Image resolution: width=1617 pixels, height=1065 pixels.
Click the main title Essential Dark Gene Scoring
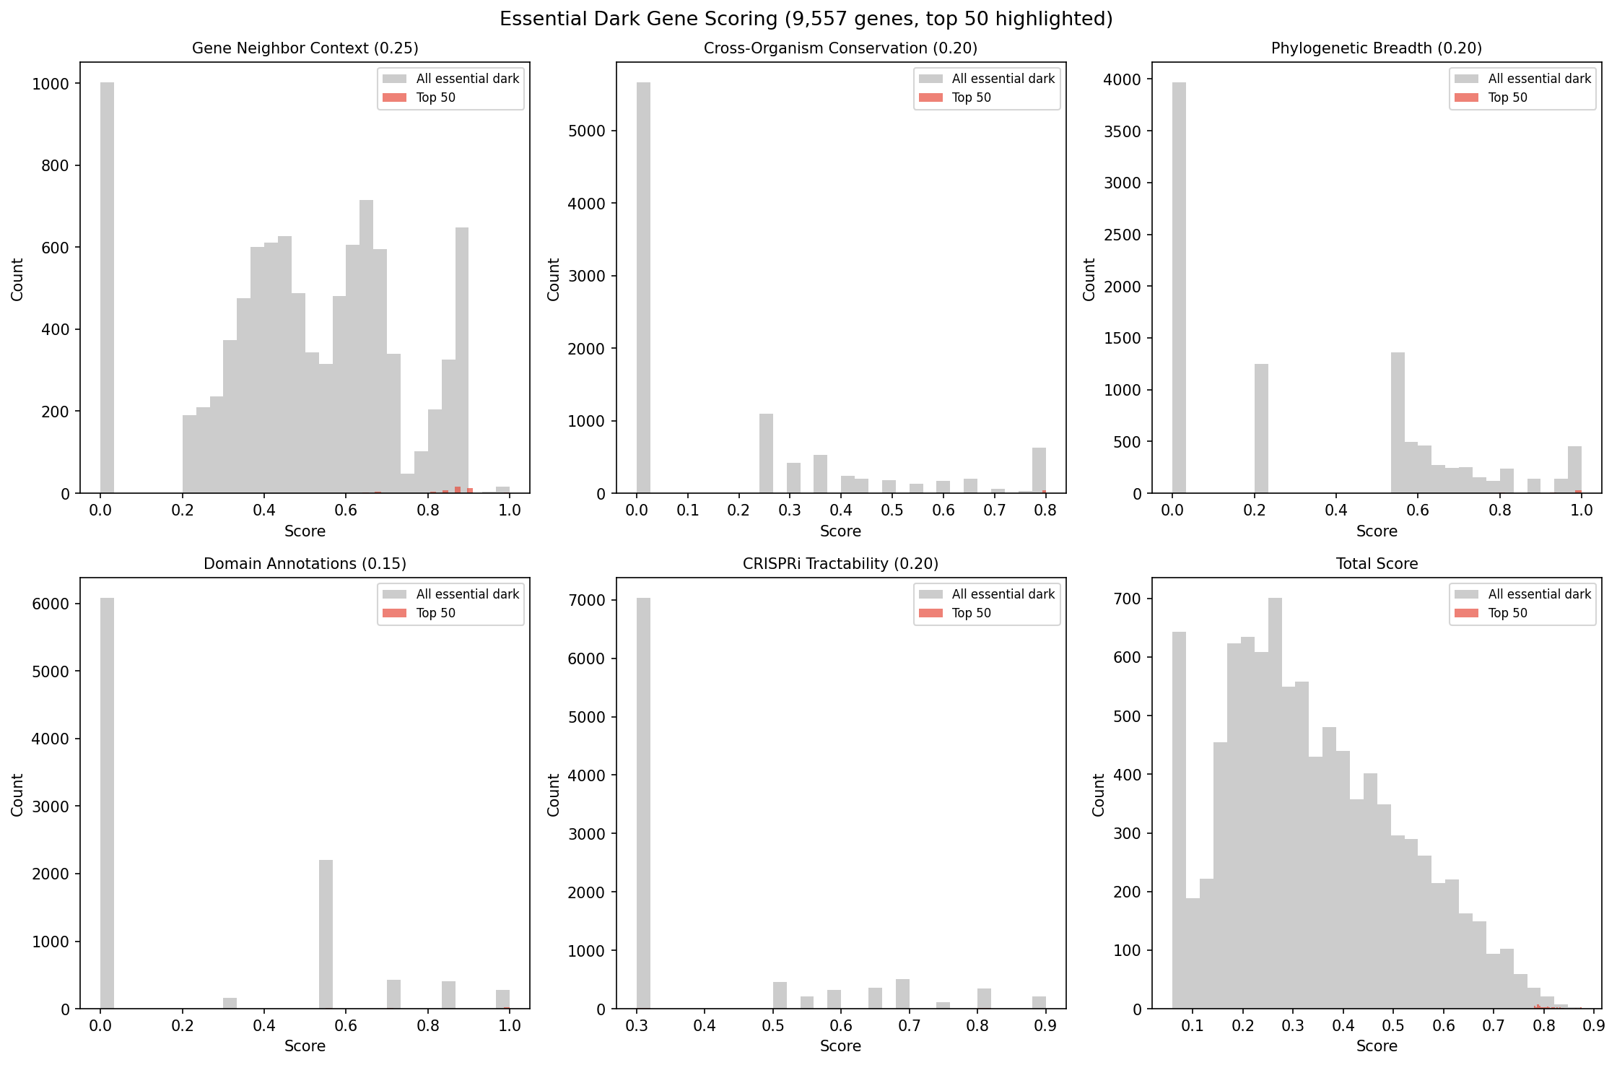pos(806,19)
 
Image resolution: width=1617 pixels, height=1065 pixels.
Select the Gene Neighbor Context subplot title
pos(305,48)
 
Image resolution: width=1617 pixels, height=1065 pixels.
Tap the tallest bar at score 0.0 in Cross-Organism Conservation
pos(643,289)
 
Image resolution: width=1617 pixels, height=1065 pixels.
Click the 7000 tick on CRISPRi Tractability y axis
pos(591,601)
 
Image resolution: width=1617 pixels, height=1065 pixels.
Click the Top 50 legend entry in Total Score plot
pos(1507,613)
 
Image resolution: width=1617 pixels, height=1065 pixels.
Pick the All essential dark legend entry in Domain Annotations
pos(467,594)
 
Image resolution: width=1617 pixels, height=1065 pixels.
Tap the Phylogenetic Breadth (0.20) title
pos(1376,48)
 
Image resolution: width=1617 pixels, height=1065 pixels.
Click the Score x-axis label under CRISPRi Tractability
pos(840,1046)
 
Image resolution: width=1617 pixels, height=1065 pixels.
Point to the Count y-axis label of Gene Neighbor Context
pos(17,279)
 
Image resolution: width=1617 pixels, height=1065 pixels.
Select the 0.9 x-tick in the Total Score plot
pos(1593,1026)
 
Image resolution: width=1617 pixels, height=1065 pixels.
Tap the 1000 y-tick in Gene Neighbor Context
pos(51,84)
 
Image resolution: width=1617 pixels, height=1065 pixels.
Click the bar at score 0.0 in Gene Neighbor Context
pos(107,289)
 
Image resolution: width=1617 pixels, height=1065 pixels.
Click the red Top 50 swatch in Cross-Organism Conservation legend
pos(930,97)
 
